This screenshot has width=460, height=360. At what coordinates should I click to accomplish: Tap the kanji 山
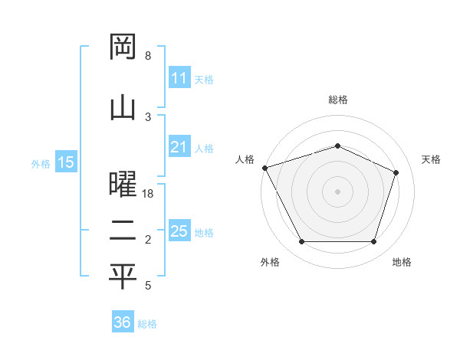(x=123, y=106)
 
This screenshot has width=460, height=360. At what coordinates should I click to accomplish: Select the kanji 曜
(x=123, y=185)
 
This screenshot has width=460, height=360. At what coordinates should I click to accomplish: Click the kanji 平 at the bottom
(x=123, y=277)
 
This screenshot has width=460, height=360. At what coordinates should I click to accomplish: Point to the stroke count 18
(x=149, y=195)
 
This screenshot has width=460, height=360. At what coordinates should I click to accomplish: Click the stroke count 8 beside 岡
(x=148, y=56)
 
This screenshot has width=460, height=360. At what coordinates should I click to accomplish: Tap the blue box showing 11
(x=179, y=78)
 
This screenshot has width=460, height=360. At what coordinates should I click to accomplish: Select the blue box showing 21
(x=179, y=148)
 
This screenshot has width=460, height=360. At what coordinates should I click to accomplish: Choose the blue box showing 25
(x=179, y=231)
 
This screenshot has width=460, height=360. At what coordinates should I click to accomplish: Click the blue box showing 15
(x=66, y=162)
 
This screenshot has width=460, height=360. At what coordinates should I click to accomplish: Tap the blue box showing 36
(x=122, y=322)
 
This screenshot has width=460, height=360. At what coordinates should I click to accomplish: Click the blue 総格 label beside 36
(x=147, y=324)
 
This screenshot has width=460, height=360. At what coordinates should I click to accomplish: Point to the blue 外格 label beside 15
(x=41, y=163)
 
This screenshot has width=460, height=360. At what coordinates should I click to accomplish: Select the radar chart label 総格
(x=338, y=100)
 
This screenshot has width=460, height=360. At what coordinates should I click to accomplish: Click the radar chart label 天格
(x=431, y=159)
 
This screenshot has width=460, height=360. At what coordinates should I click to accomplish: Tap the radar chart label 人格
(x=245, y=159)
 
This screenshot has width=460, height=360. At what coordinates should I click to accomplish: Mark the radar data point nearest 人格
(x=264, y=168)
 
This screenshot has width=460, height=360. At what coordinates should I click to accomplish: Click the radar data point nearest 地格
(x=373, y=242)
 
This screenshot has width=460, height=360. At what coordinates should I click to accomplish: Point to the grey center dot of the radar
(x=337, y=191)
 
